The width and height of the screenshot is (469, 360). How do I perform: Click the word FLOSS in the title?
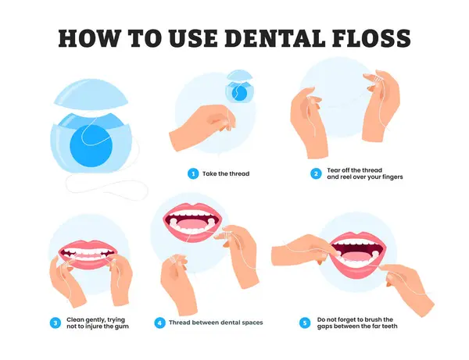tap(371, 38)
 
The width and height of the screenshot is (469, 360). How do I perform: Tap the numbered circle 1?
tap(193, 173)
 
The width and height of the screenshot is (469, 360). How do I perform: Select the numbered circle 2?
tap(316, 173)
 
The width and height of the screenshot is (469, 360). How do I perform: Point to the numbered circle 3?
tap(55, 323)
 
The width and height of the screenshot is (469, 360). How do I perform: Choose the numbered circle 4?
tap(159, 323)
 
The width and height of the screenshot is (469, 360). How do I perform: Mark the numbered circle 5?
tap(305, 323)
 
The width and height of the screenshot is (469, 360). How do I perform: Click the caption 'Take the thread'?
tap(226, 173)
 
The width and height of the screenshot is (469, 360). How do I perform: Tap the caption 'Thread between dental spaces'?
tap(216, 323)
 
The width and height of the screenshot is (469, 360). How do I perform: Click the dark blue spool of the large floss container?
tap(91, 146)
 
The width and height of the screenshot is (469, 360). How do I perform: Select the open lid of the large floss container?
tap(91, 93)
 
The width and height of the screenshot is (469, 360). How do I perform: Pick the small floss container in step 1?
tap(240, 87)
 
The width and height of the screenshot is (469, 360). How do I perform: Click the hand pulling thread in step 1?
tap(202, 127)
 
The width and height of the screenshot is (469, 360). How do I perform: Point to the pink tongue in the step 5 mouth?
tap(358, 257)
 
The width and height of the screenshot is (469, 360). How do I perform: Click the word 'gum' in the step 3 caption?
tap(122, 326)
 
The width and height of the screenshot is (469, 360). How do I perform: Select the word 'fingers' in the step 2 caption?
tap(392, 176)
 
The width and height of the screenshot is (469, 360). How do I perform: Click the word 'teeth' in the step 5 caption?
tap(388, 326)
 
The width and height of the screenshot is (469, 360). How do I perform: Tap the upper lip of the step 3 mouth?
tap(88, 245)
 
